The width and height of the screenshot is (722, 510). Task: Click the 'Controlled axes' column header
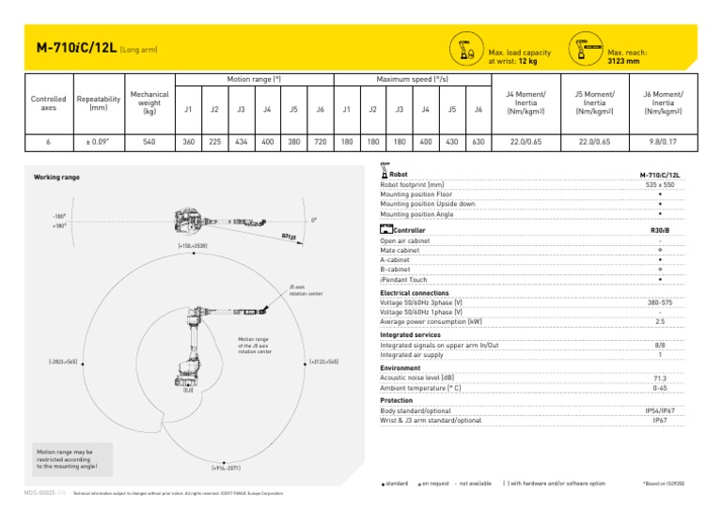[x=48, y=103]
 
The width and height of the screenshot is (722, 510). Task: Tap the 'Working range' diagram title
[x=56, y=177]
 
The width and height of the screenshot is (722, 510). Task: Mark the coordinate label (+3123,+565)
[x=323, y=362]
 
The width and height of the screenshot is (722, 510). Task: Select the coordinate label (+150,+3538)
[x=193, y=245]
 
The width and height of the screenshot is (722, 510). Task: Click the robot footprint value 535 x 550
[x=659, y=185]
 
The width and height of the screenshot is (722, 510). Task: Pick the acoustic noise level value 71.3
[x=659, y=379]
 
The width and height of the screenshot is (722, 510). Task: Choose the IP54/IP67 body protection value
[x=659, y=411]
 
